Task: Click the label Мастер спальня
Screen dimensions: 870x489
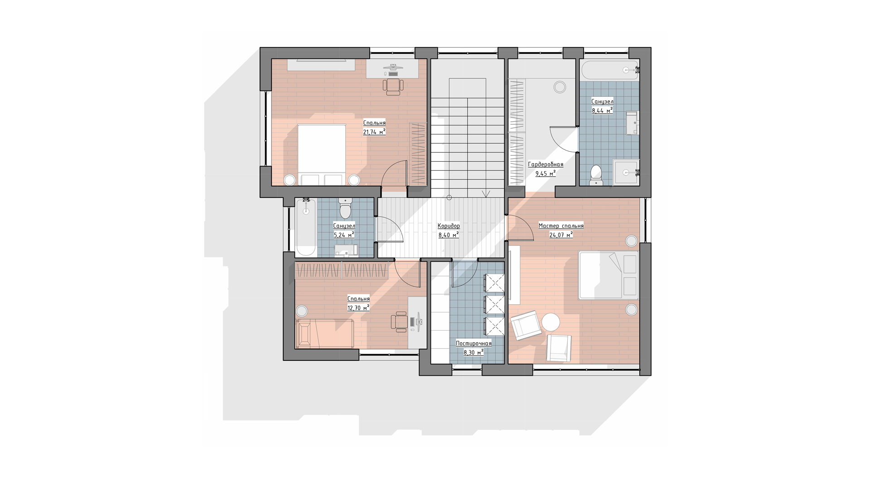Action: pyautogui.click(x=561, y=225)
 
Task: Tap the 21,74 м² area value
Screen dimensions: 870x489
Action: pyautogui.click(x=374, y=132)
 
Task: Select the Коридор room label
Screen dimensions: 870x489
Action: pyautogui.click(x=449, y=225)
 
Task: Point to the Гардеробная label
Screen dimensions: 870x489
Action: pyautogui.click(x=546, y=164)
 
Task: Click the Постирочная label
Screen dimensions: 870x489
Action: pyautogui.click(x=474, y=343)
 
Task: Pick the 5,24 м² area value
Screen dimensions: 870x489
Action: pyautogui.click(x=344, y=235)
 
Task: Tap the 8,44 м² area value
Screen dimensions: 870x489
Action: pyautogui.click(x=602, y=110)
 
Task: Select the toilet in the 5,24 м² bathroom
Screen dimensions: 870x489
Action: pyautogui.click(x=345, y=208)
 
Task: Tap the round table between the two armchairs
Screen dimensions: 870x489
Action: pyautogui.click(x=551, y=322)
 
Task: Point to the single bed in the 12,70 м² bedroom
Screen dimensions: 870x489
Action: pyautogui.click(x=324, y=334)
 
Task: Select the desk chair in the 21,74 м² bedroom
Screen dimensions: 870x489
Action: pyautogui.click(x=393, y=86)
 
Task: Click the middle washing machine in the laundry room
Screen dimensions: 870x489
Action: pyautogui.click(x=494, y=305)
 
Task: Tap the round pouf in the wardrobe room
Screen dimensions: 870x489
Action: pyautogui.click(x=560, y=87)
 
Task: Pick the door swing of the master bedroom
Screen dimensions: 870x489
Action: pyautogui.click(x=521, y=228)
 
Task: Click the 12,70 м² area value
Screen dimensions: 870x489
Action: pyautogui.click(x=358, y=308)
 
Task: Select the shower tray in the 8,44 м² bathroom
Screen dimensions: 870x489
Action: pyautogui.click(x=626, y=173)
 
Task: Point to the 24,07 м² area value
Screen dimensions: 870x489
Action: pyautogui.click(x=561, y=235)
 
